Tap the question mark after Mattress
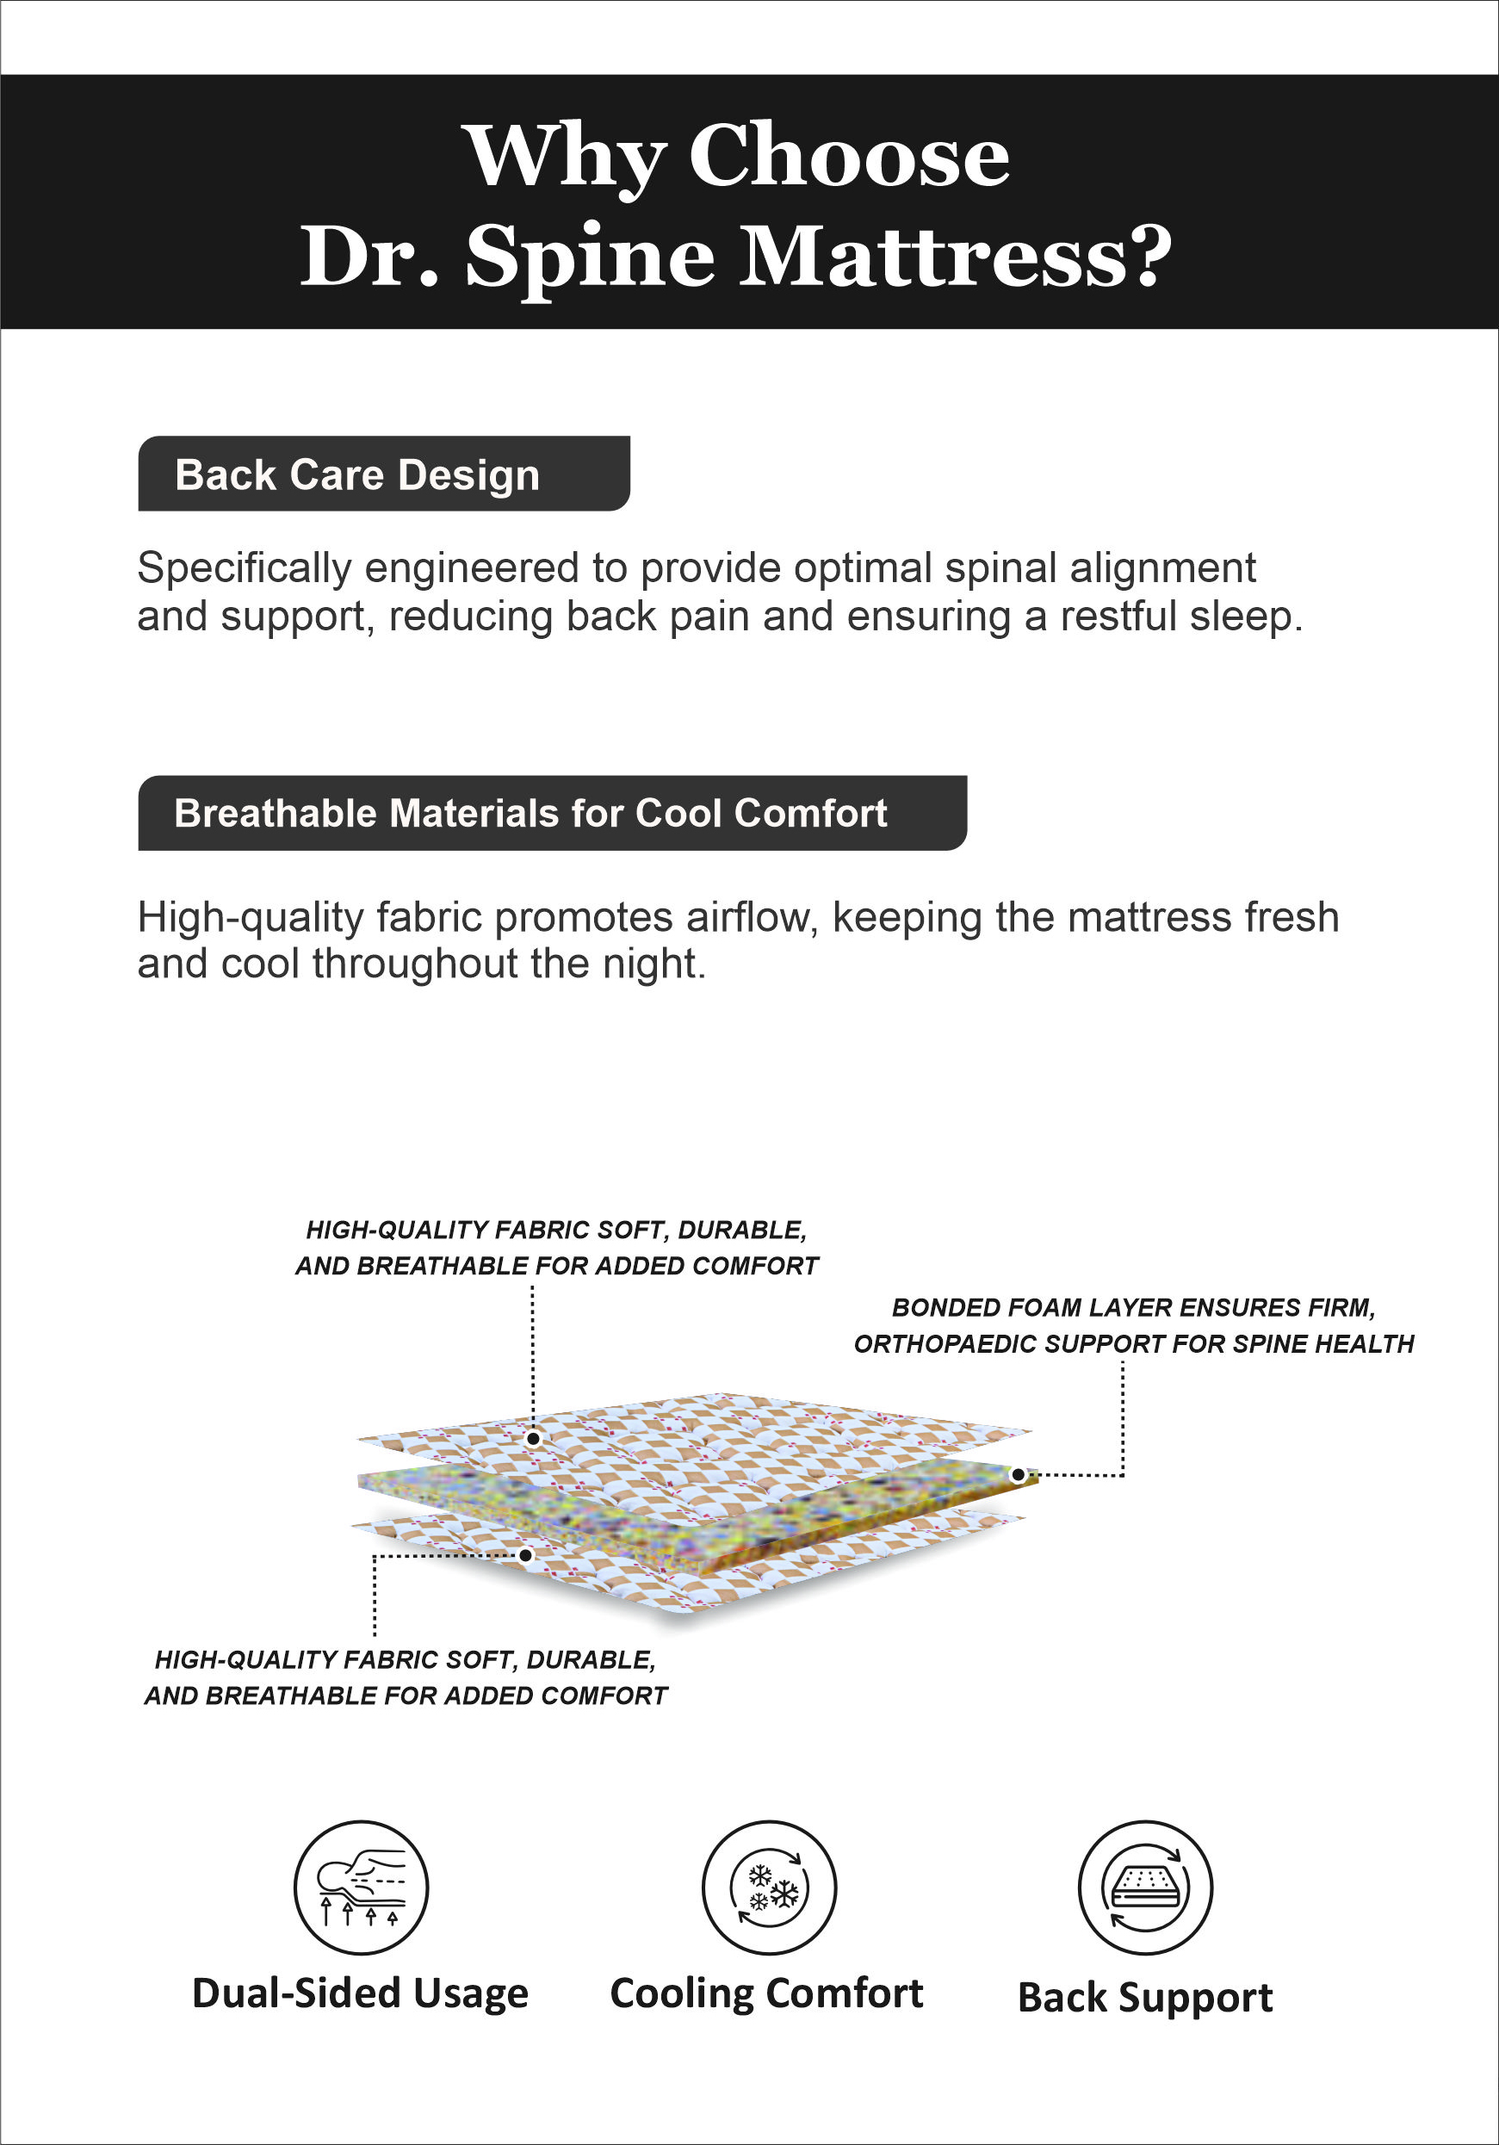pos(1146,256)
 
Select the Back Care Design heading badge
pos(384,474)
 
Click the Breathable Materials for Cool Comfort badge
pos(552,813)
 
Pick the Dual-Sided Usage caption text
pos(361,1993)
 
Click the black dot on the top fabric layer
pos(533,1439)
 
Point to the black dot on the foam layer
pos(1018,1475)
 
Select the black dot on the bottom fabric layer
pos(526,1555)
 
